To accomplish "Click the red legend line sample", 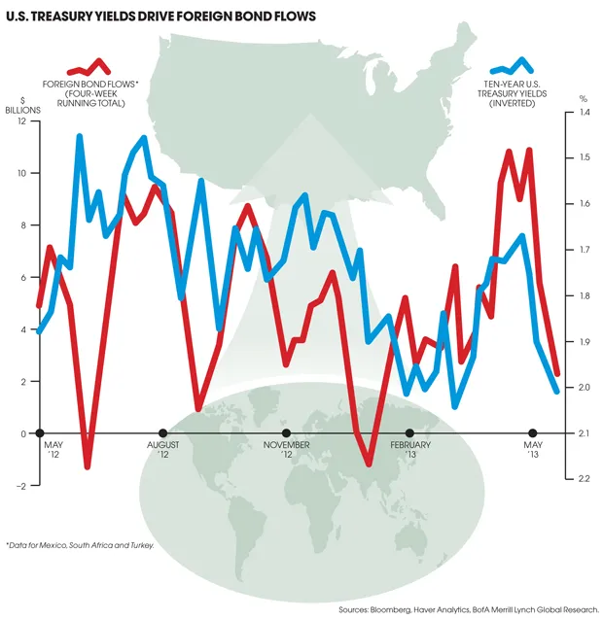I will pyautogui.click(x=89, y=67).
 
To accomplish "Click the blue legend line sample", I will pyautogui.click(x=512, y=67).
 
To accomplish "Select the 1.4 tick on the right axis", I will pyautogui.click(x=585, y=113).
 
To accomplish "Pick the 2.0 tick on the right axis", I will pyautogui.click(x=585, y=388).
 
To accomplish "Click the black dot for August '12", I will pyautogui.click(x=162, y=433).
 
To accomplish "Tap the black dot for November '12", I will pyautogui.click(x=286, y=433).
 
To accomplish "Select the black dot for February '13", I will pyautogui.click(x=409, y=433).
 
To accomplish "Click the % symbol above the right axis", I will pyautogui.click(x=583, y=98).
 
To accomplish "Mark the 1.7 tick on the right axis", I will pyautogui.click(x=585, y=250).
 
